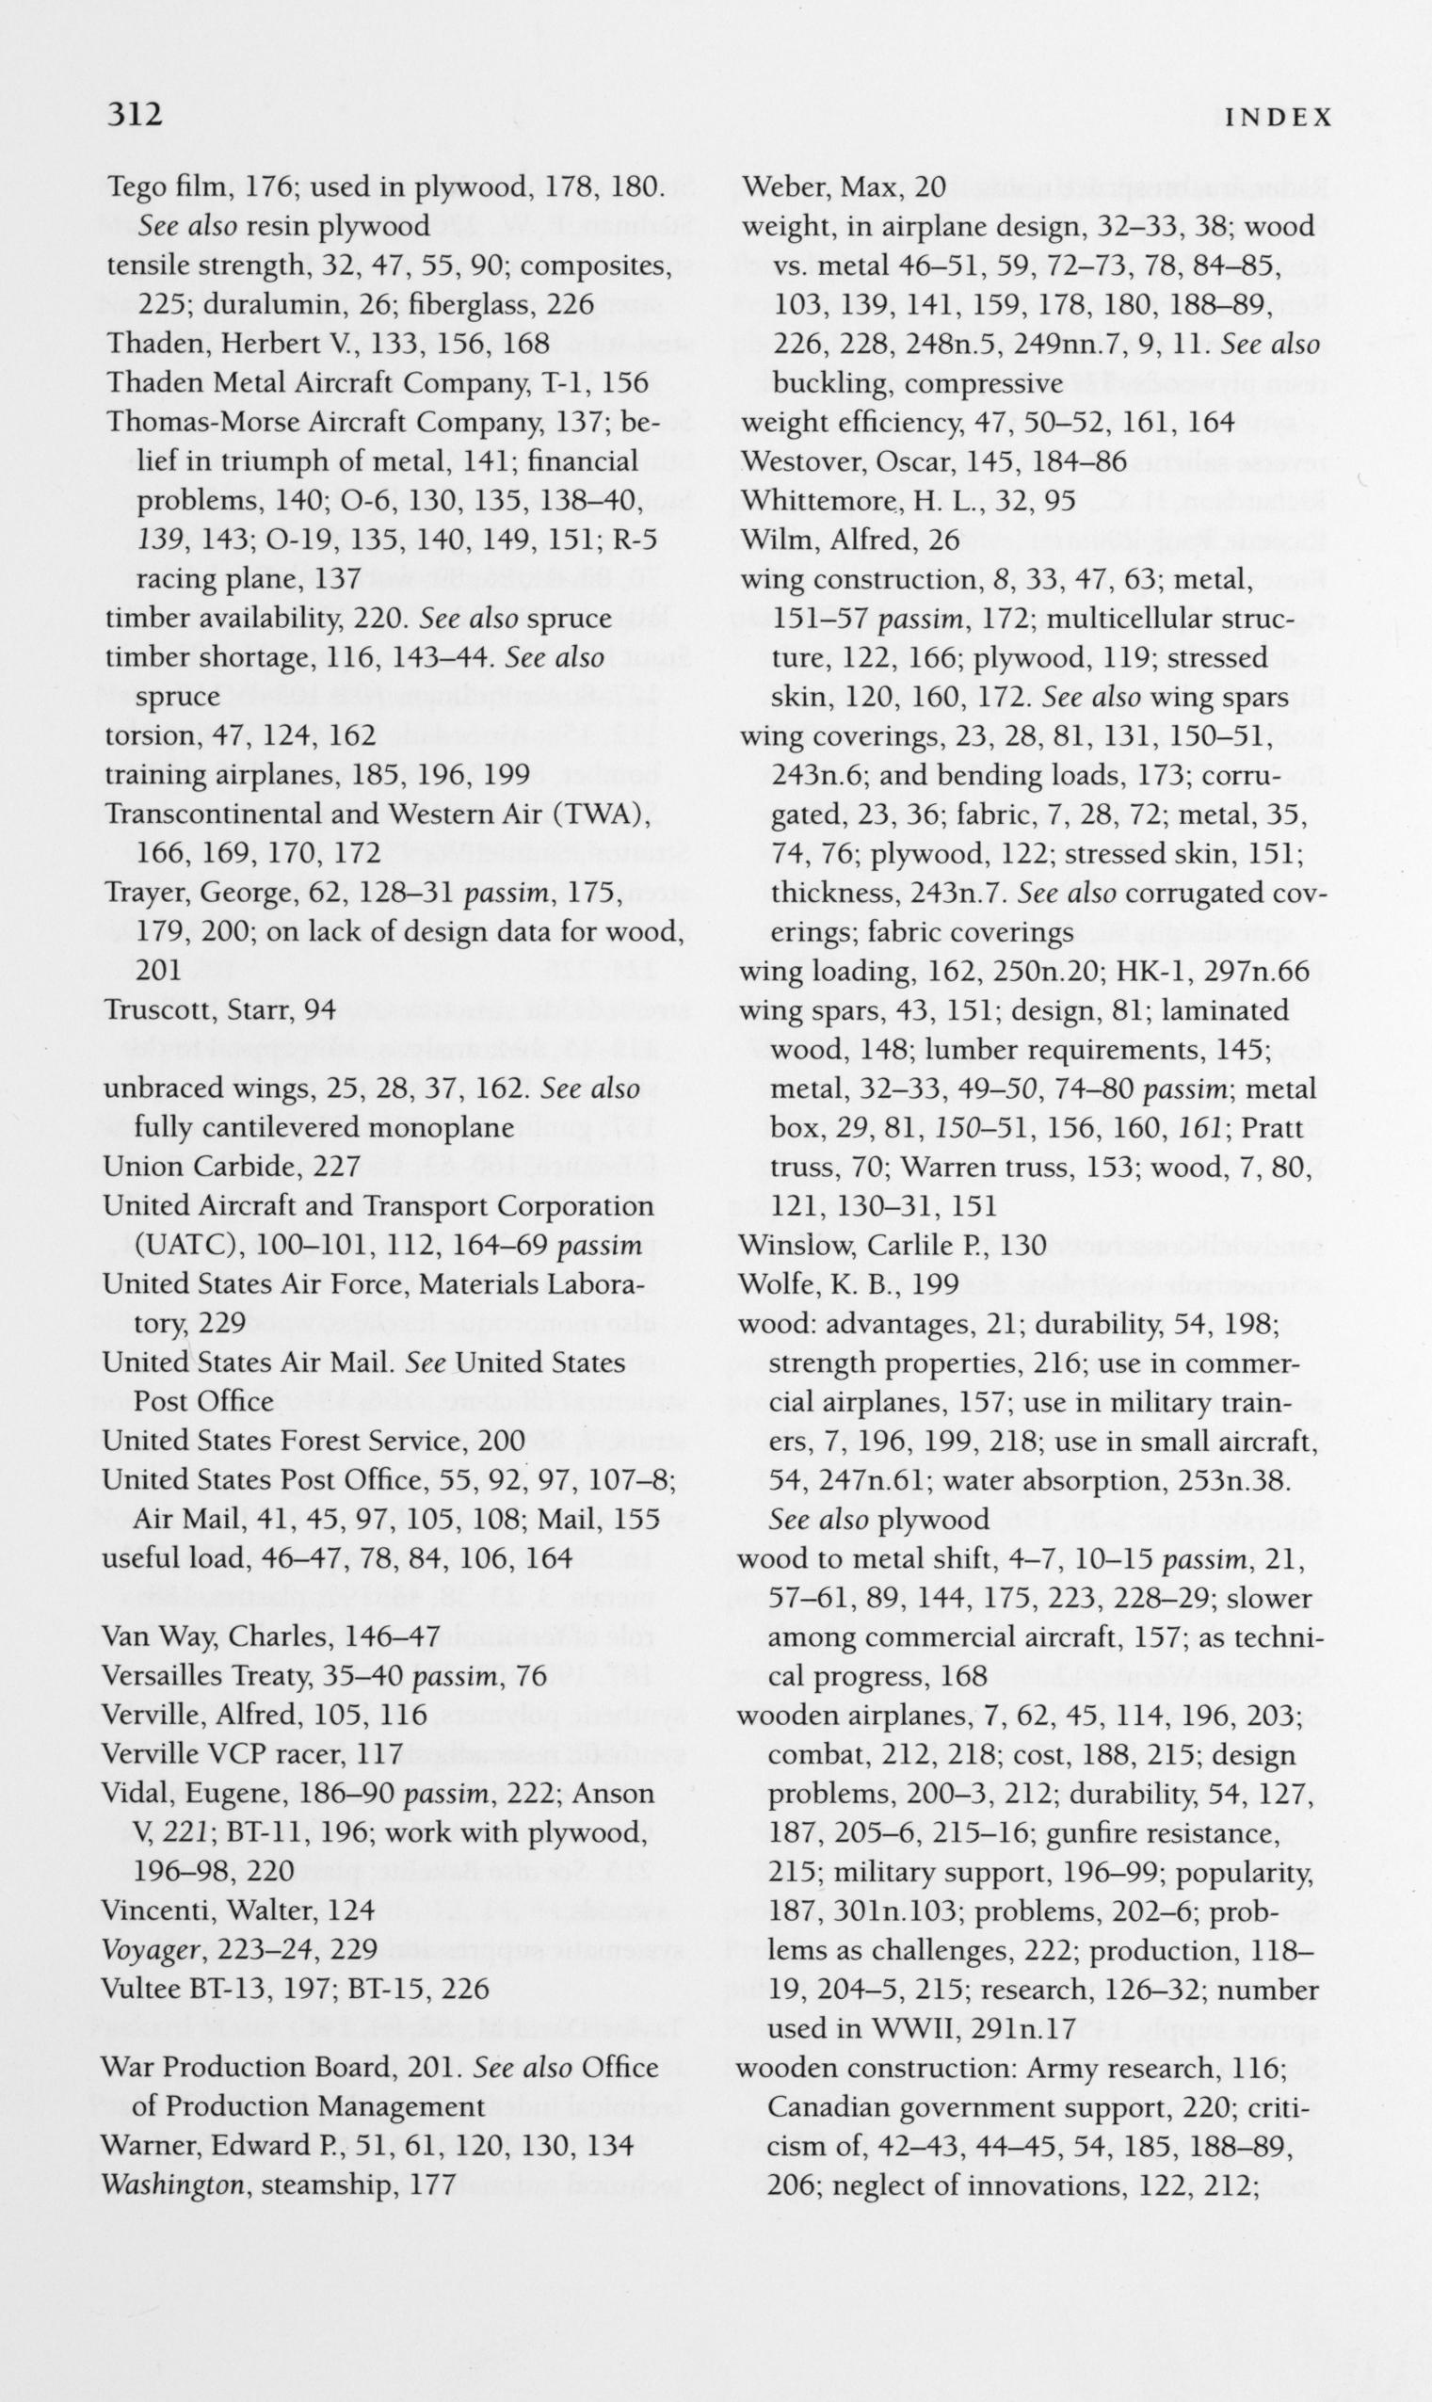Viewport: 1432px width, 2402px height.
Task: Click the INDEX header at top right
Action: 1278,118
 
